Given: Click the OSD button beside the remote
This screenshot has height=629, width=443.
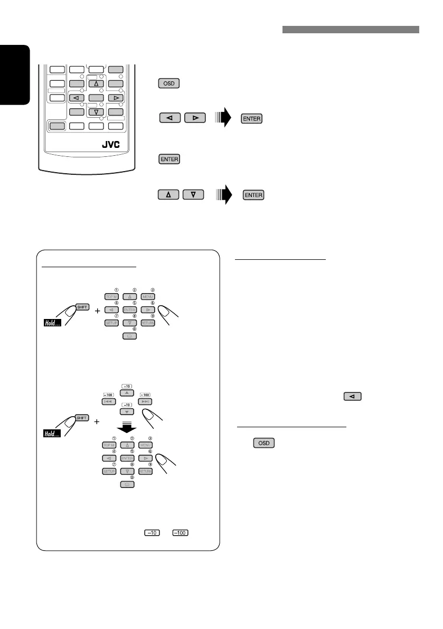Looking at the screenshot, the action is tap(168, 83).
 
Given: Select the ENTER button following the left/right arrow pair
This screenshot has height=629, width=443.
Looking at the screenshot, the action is tap(252, 119).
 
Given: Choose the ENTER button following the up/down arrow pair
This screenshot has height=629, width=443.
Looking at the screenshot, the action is tap(253, 195).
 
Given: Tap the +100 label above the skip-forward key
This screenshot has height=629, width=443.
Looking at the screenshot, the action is tap(145, 395).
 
